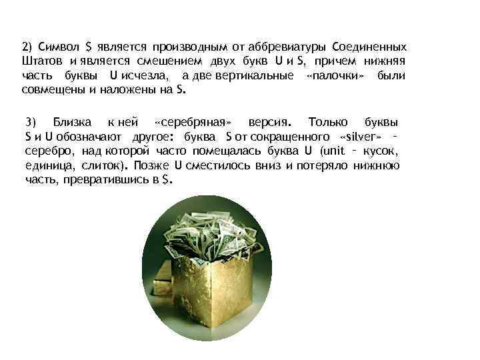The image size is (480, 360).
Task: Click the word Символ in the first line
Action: click(59, 48)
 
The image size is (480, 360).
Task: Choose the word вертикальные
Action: click(254, 75)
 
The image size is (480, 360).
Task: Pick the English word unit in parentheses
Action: click(333, 151)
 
